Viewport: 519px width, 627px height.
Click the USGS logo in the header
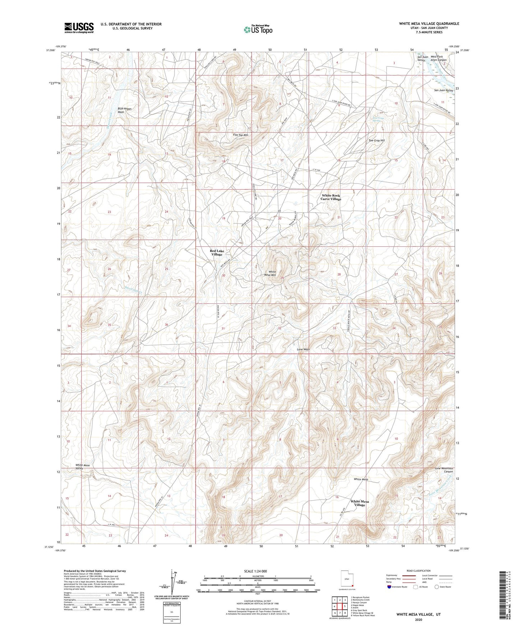(79, 27)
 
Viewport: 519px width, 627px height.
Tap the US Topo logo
(258, 29)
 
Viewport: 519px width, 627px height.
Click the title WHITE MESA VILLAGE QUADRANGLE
(429, 24)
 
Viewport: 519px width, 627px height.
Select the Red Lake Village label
(217, 252)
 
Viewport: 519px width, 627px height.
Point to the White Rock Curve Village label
(331, 197)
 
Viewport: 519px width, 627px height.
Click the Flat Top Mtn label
(241, 135)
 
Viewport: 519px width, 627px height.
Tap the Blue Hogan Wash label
(124, 110)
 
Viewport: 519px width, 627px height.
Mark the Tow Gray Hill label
(376, 140)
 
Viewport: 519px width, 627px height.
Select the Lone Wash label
(303, 349)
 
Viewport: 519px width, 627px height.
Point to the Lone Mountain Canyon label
(444, 470)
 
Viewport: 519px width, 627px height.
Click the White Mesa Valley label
(83, 467)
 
